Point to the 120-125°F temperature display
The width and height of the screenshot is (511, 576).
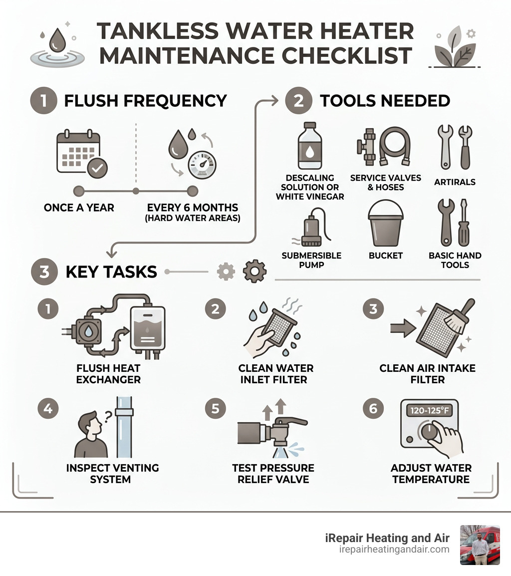click(430, 411)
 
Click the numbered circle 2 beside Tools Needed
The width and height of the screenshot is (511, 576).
click(298, 100)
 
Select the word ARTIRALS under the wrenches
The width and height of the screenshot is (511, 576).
click(455, 182)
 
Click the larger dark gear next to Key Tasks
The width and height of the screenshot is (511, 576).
click(255, 272)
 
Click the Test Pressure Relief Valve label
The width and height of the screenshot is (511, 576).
click(273, 474)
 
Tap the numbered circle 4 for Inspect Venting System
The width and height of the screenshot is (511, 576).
click(48, 408)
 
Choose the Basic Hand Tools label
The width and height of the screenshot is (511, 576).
click(455, 260)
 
